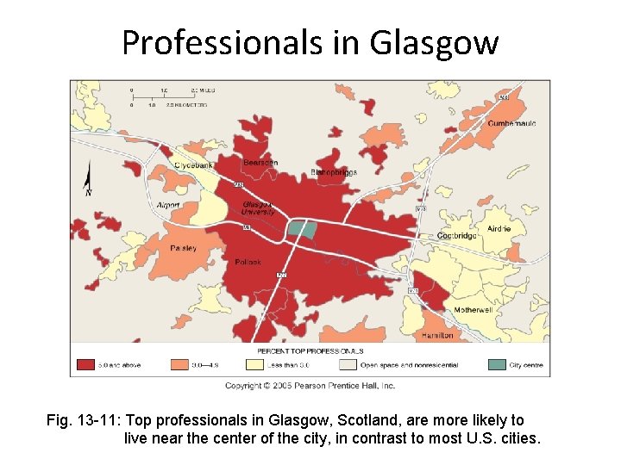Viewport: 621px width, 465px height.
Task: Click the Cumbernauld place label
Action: pyautogui.click(x=512, y=123)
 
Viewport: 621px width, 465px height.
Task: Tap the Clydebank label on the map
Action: pyautogui.click(x=192, y=164)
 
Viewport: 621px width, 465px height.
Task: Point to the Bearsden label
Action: pyautogui.click(x=260, y=162)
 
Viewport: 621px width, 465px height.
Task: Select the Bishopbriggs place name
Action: pyautogui.click(x=333, y=172)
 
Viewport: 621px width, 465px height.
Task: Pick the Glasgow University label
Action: pyautogui.click(x=258, y=208)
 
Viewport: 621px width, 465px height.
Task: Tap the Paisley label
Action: pyautogui.click(x=183, y=248)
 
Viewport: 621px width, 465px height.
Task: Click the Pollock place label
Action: pyautogui.click(x=248, y=262)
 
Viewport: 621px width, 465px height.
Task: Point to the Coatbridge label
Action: pyautogui.click(x=457, y=235)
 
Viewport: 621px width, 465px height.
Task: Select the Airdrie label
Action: pyautogui.click(x=499, y=229)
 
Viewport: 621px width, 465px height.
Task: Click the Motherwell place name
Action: pyautogui.click(x=473, y=310)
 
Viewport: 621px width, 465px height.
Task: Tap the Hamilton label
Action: pyautogui.click(x=437, y=335)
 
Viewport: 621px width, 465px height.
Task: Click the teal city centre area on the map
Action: pyautogui.click(x=301, y=228)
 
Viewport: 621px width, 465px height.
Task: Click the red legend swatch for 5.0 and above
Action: pyautogui.click(x=84, y=364)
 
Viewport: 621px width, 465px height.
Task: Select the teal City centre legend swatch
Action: pyautogui.click(x=497, y=364)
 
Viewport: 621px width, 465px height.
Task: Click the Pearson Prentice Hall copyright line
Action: pyautogui.click(x=310, y=385)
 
